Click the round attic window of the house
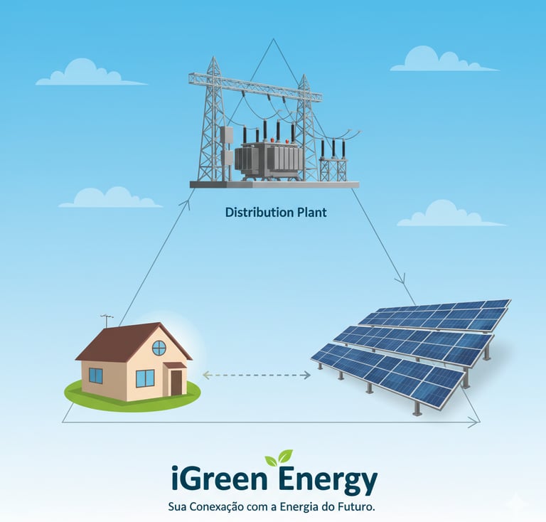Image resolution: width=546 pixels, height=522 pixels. [x=159, y=348]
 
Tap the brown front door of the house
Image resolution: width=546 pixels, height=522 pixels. [x=176, y=382]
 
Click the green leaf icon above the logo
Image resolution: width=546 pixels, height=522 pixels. [x=278, y=457]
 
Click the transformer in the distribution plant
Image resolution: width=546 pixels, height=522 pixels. [x=267, y=159]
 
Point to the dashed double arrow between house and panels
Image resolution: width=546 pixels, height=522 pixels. [x=257, y=375]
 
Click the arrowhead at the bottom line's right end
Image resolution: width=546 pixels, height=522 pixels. [x=474, y=423]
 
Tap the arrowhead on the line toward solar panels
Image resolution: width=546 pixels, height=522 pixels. [x=402, y=279]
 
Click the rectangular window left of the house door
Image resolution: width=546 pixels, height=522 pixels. [x=145, y=378]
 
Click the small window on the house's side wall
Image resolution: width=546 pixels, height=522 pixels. [x=95, y=375]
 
